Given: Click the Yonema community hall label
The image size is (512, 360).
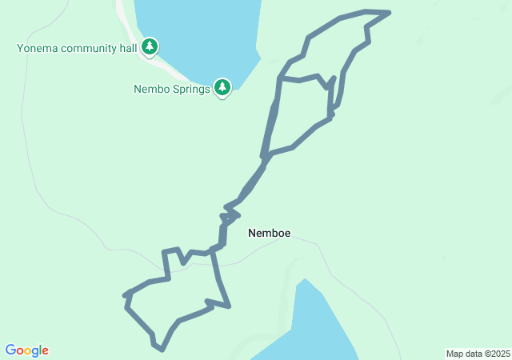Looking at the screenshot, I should coord(78,48).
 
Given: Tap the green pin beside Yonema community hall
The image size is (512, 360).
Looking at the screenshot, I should coord(150,47).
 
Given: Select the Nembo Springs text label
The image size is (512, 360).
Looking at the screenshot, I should coord(172,89).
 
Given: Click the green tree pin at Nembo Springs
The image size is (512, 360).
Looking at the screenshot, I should coord(222,87).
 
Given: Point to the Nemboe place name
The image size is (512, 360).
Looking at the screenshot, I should coord(269,234).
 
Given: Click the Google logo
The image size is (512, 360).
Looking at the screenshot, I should coord(27,350).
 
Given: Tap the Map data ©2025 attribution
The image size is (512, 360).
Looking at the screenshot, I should coord(478,354).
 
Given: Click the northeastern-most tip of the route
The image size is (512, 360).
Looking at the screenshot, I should coord(389,13).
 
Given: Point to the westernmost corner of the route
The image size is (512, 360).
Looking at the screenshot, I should coord(125,296).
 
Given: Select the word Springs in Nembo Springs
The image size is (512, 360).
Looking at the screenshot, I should coord(190,89).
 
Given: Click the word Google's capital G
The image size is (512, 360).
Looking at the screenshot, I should coord(10,350).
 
